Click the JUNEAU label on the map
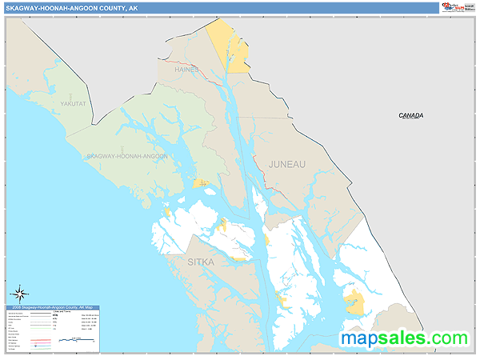[x=286, y=164]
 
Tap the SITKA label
[x=201, y=262]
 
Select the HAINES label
[x=186, y=70]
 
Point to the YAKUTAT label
[x=72, y=104]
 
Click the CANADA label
[x=411, y=116]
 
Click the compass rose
[x=22, y=293]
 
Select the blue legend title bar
[x=54, y=307]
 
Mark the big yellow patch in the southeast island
[x=353, y=303]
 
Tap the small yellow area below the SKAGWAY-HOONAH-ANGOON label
[x=201, y=183]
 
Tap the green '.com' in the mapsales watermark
[x=442, y=339]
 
